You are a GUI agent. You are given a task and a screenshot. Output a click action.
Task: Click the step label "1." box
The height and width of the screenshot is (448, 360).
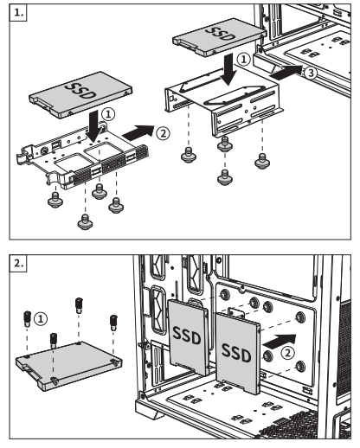point(18,13)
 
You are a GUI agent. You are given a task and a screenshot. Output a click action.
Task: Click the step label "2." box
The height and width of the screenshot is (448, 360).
point(18,263)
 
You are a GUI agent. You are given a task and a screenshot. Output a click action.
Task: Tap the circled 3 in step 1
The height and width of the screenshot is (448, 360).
point(311,73)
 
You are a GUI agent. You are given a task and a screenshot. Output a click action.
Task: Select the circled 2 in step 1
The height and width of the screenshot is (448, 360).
point(163,133)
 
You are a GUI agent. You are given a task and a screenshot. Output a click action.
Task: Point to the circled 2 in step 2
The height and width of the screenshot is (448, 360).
point(287,353)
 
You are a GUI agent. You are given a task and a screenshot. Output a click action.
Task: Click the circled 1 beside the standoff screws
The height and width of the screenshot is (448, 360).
point(41,319)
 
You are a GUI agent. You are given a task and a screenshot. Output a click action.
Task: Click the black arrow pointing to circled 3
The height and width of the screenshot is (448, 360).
point(286,72)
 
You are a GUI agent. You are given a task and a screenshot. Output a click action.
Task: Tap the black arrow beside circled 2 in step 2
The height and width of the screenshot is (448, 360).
point(280,341)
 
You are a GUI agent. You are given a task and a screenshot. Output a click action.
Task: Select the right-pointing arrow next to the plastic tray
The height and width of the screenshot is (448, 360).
point(138,132)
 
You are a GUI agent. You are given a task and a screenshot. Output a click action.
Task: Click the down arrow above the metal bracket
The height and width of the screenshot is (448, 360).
point(228,69)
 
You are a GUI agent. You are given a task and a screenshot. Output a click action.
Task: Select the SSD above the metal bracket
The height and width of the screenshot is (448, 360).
point(219,37)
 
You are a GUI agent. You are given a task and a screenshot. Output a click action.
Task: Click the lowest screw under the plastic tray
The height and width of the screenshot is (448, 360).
point(85,222)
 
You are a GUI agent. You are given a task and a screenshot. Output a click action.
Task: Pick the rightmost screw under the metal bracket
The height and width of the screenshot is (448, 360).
point(262,161)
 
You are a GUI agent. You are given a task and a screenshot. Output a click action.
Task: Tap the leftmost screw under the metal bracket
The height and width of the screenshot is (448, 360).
point(189,155)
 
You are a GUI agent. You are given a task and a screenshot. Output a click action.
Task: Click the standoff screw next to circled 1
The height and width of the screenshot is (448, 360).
point(27,318)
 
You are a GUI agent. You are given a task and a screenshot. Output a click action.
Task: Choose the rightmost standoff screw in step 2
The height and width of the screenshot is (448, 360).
point(113,323)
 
